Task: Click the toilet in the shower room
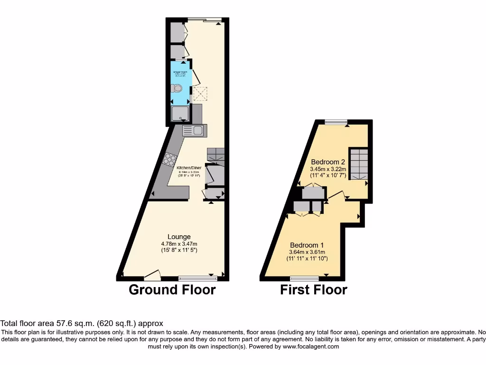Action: (x=177, y=88)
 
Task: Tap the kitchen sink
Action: (x=193, y=130)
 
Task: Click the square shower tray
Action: (x=179, y=115)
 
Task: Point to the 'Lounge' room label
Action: (x=179, y=237)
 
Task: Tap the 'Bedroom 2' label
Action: (x=327, y=162)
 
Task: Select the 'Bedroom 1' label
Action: (x=307, y=245)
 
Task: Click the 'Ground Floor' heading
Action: (x=172, y=289)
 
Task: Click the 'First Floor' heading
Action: (x=314, y=289)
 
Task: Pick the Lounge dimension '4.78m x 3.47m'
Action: (x=179, y=244)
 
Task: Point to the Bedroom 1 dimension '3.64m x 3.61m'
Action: (x=307, y=252)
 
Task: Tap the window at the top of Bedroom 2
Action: (x=336, y=121)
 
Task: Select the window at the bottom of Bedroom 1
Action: (x=304, y=278)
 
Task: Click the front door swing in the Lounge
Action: (x=152, y=275)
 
